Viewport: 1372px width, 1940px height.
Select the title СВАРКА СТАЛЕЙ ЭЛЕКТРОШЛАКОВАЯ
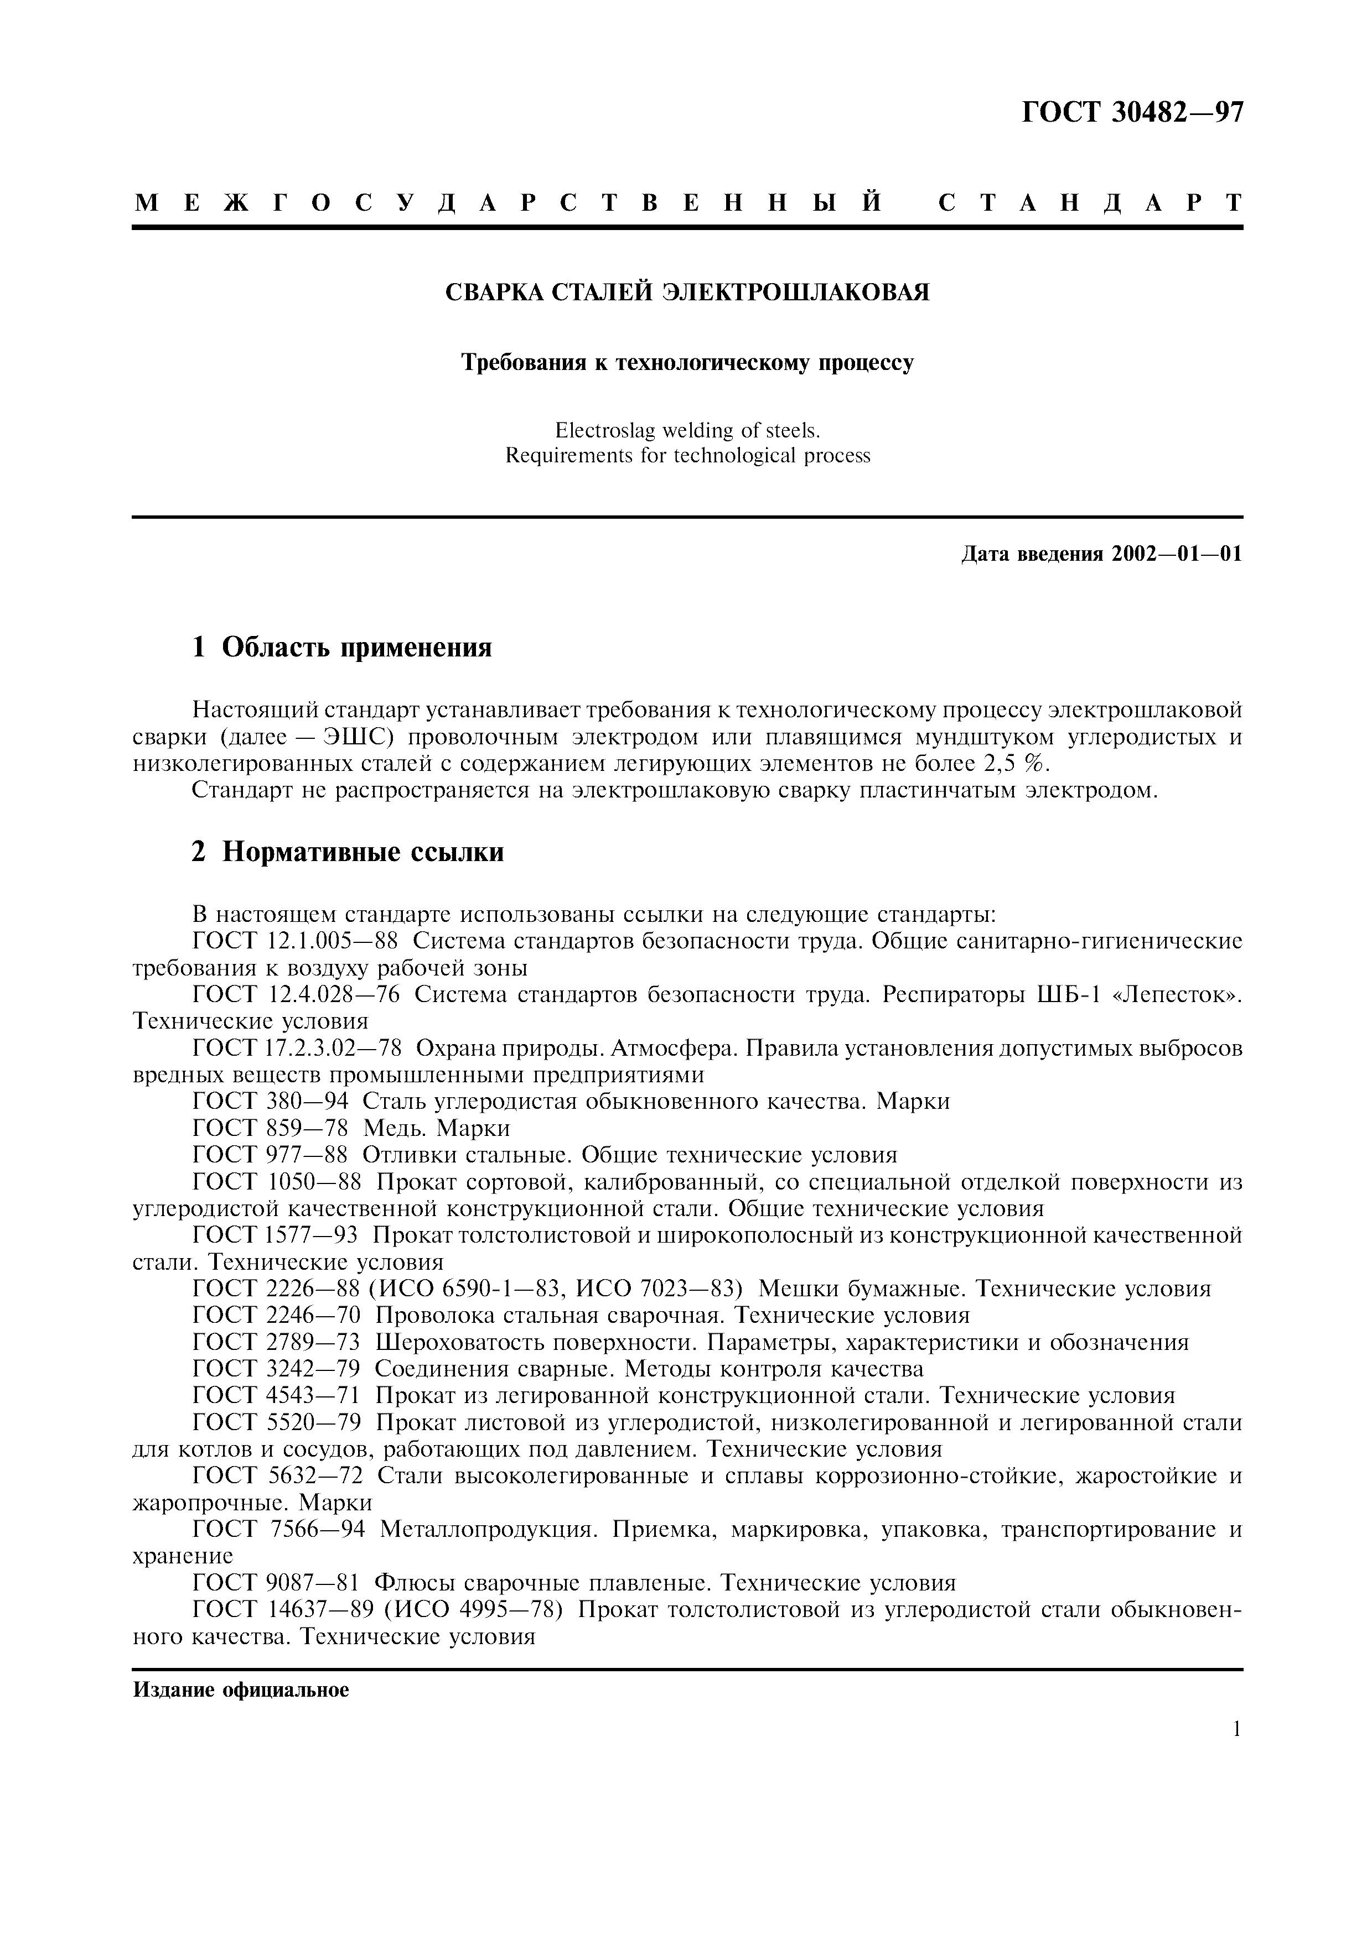pyautogui.click(x=686, y=293)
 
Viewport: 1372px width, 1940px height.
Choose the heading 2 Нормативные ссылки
pyautogui.click(x=348, y=852)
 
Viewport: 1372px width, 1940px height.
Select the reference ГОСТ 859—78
pyautogui.click(x=271, y=1128)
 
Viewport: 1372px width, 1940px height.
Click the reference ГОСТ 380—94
pyautogui.click(x=271, y=1102)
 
